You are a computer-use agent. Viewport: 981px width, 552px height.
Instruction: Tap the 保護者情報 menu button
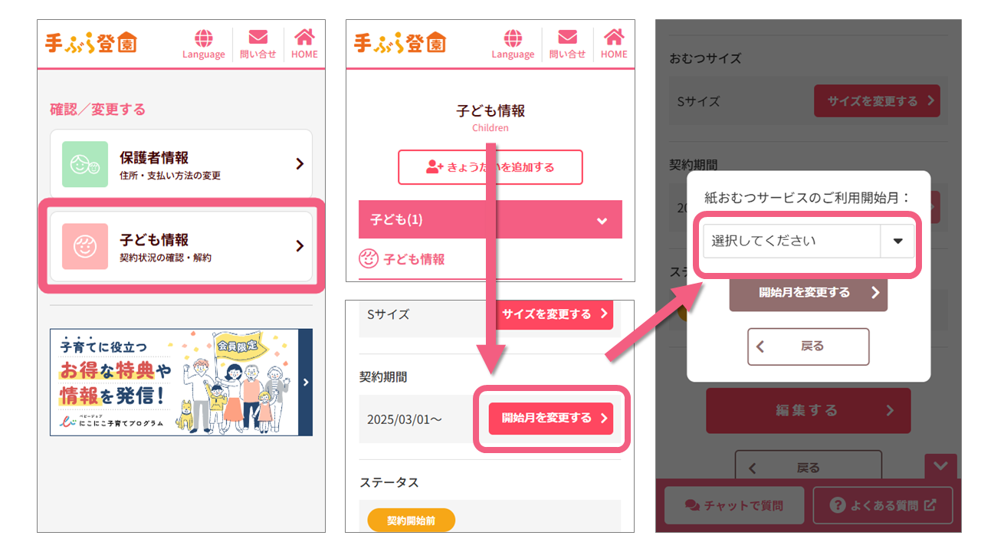181,164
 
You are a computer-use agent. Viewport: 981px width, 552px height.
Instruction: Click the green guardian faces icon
85,164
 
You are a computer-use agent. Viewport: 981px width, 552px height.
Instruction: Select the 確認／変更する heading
97,110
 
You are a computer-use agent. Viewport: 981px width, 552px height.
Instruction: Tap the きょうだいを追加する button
490,167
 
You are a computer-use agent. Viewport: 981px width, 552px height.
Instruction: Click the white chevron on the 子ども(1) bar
602,221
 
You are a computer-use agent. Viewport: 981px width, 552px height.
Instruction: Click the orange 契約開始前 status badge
411,521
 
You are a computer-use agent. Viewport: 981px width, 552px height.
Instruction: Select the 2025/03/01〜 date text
404,419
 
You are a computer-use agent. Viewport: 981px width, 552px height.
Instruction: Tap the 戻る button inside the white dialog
808,347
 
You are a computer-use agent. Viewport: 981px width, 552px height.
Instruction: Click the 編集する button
808,410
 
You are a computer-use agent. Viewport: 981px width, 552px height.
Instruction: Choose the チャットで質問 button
733,505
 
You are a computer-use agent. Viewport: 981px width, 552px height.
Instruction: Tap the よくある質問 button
882,505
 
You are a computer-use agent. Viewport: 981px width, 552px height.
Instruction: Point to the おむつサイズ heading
705,59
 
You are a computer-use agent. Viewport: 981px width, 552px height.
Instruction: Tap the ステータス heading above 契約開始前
389,482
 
